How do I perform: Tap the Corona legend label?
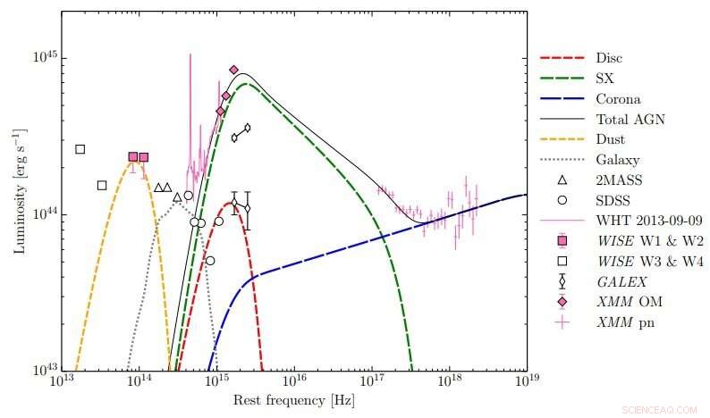click(616, 99)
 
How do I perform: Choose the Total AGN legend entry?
click(630, 119)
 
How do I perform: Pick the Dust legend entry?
click(610, 139)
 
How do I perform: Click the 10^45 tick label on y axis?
click(45, 57)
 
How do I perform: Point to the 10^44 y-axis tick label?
click(45, 213)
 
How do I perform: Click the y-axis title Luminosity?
click(18, 191)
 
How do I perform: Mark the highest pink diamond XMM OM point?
click(234, 70)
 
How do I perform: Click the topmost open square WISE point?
click(80, 149)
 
